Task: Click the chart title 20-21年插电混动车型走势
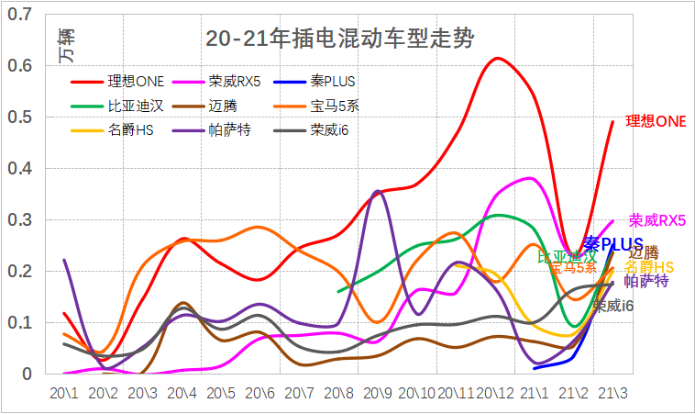[340, 39]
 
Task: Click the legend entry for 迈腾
[222, 106]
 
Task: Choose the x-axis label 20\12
[496, 393]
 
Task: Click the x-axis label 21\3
[612, 393]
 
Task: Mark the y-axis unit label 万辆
[67, 46]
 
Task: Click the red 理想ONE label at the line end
[656, 120]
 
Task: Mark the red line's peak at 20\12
[496, 58]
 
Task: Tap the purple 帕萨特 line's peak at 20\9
[378, 191]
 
